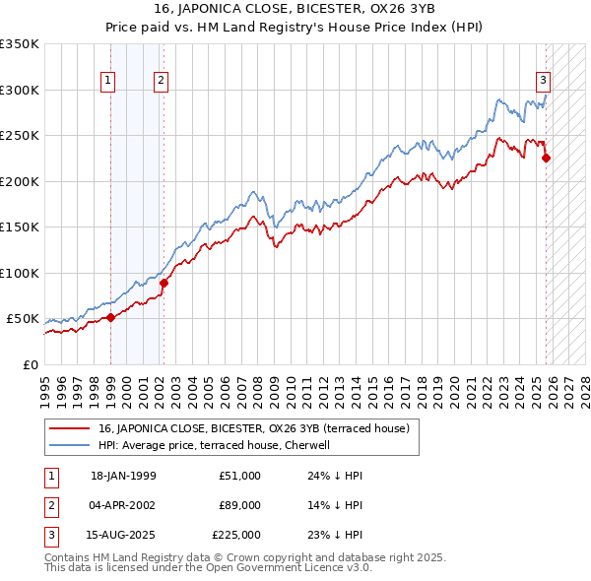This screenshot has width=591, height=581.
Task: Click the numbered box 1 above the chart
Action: tap(106, 82)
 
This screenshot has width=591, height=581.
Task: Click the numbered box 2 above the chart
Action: tap(160, 82)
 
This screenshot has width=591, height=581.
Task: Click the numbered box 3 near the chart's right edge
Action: tap(543, 82)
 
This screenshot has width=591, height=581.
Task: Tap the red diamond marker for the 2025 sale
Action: tap(547, 158)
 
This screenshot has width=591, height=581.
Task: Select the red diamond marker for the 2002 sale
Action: tap(164, 283)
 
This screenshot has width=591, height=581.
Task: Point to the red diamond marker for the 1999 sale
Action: tap(111, 317)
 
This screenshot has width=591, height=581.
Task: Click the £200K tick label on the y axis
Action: tap(20, 181)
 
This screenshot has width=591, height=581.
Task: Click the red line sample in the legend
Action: tap(69, 428)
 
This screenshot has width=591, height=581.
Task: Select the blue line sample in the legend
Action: tap(69, 445)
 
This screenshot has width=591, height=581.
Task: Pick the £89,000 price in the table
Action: tap(240, 504)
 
